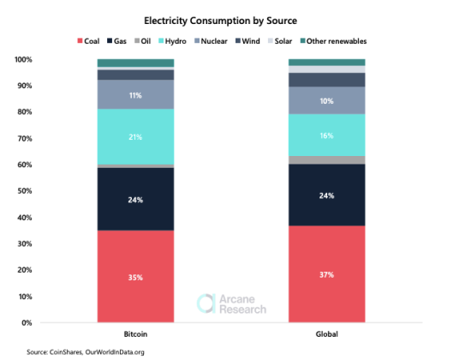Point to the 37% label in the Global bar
click(326, 275)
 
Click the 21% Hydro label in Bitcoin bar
click(135, 137)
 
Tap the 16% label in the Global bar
click(326, 135)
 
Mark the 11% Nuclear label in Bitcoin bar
click(135, 95)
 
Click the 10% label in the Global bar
click(326, 100)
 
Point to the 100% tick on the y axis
click(23, 59)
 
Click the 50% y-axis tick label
click(25, 191)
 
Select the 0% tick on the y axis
click(27, 322)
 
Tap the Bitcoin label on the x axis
click(135, 333)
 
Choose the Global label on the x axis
click(326, 333)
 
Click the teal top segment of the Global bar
click(326, 63)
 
